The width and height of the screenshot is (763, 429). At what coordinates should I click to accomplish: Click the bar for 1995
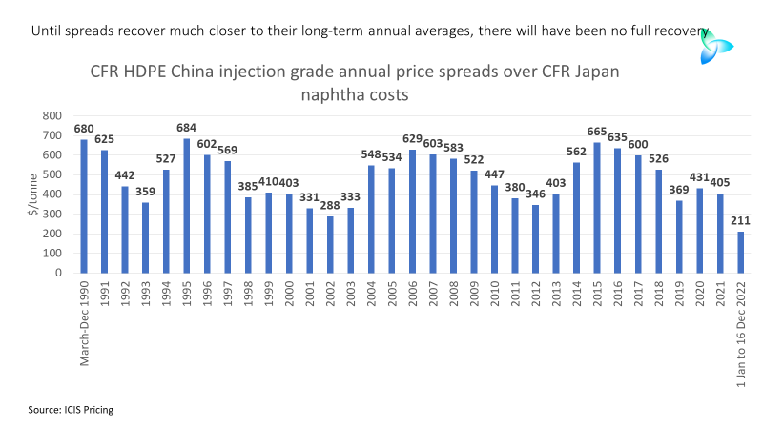pyautogui.click(x=186, y=206)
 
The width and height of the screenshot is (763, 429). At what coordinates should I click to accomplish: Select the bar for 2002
pyautogui.click(x=330, y=245)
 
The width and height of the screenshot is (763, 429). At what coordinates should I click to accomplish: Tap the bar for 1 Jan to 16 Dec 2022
pyautogui.click(x=741, y=252)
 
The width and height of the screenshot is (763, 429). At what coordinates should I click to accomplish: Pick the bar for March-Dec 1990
pyautogui.click(x=84, y=206)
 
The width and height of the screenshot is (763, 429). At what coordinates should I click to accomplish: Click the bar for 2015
pyautogui.click(x=597, y=208)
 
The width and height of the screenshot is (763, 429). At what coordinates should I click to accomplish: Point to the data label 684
pyautogui.click(x=186, y=128)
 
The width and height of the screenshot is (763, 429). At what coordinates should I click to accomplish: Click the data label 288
pyautogui.click(x=330, y=206)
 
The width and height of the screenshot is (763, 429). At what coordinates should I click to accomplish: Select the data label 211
pyautogui.click(x=741, y=221)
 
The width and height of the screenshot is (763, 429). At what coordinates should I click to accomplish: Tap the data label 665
pyautogui.click(x=597, y=132)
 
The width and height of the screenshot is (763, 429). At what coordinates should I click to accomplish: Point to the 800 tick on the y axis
pyautogui.click(x=52, y=115)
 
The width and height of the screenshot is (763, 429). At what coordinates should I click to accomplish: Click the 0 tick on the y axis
pyautogui.click(x=58, y=273)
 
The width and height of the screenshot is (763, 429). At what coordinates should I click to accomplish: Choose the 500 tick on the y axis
pyautogui.click(x=52, y=174)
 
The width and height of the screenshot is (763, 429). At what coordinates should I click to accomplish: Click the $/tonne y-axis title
pyautogui.click(x=32, y=194)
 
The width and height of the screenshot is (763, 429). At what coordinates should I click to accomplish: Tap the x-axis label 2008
pyautogui.click(x=454, y=294)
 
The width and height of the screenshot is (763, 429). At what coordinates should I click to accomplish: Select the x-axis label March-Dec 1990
pyautogui.click(x=84, y=323)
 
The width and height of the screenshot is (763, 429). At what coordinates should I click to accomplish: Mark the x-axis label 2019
pyautogui.click(x=679, y=294)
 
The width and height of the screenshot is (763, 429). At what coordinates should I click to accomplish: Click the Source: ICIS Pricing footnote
pyautogui.click(x=71, y=410)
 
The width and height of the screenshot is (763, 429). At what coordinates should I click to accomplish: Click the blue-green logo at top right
pyautogui.click(x=715, y=47)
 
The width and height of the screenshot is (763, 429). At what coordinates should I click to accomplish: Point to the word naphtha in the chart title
pyautogui.click(x=331, y=94)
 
